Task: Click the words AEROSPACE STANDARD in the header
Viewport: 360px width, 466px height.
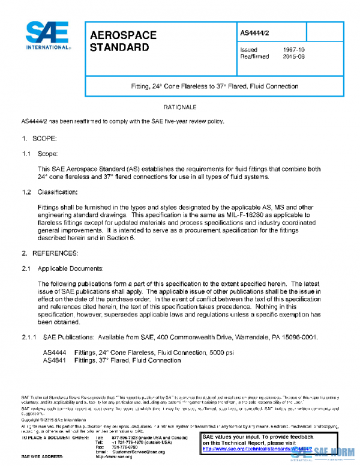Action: click(x=122, y=41)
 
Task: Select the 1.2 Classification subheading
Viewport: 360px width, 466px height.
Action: click(x=50, y=192)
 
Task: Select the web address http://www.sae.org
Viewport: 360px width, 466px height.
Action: click(x=116, y=457)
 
